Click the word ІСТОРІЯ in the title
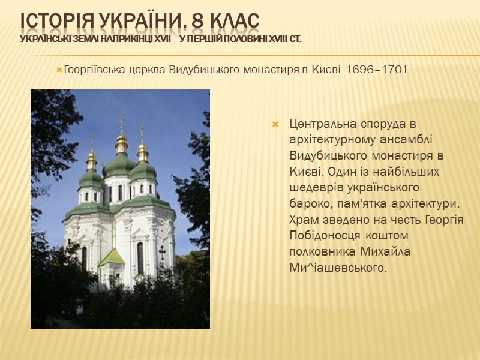[x=56, y=19]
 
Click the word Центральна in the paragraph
[x=321, y=125]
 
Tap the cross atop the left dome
[x=92, y=140]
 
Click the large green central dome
[x=121, y=165]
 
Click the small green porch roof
[x=111, y=258]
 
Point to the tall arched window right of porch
[x=140, y=257]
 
